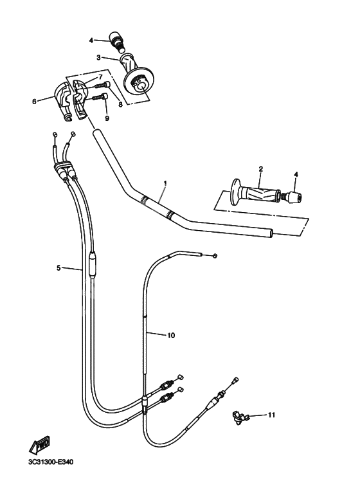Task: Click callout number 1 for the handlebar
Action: tap(165, 183)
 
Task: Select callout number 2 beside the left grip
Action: tap(260, 169)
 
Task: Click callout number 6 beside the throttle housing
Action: tap(34, 100)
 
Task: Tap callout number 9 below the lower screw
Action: tap(107, 118)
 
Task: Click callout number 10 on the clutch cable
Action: tap(171, 335)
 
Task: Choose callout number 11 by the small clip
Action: tap(271, 415)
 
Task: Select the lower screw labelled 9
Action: tap(98, 97)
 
